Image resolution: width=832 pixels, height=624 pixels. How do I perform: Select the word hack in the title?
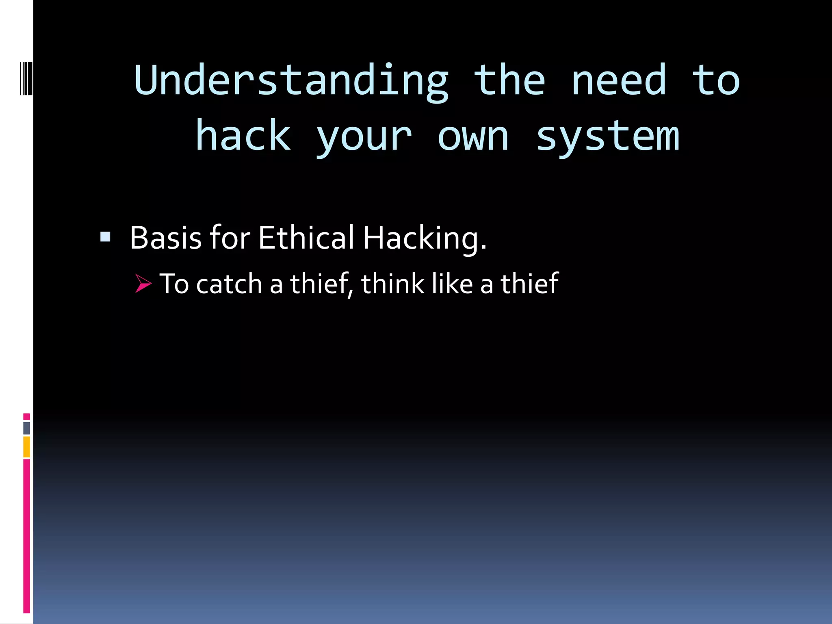[243, 136]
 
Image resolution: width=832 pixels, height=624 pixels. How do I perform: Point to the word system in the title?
[607, 136]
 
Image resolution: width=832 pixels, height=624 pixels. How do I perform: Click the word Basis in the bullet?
[166, 238]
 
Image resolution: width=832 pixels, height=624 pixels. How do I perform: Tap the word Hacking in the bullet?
[424, 238]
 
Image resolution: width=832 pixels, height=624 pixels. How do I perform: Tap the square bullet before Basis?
[106, 237]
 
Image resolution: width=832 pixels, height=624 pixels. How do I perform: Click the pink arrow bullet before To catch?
[143, 283]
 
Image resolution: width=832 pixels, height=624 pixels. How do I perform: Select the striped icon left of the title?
[26, 78]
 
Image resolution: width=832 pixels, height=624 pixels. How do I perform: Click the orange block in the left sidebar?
[26, 447]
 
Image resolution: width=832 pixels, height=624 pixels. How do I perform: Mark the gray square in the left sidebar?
[26, 428]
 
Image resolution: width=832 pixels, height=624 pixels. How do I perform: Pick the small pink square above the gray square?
[26, 416]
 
